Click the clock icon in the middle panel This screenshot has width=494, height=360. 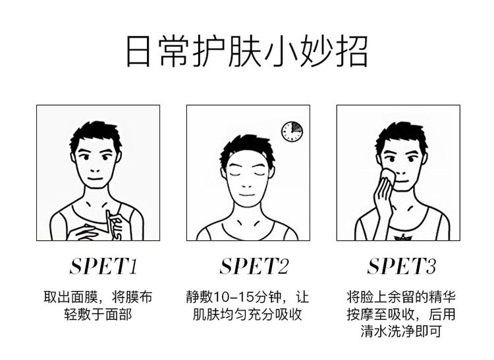292,131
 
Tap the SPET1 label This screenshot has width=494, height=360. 103,267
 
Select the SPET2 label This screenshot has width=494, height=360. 254,267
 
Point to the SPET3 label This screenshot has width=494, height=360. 402,267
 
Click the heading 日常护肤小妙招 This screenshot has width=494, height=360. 247,51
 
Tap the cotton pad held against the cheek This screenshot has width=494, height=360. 387,175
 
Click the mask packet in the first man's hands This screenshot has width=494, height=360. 114,224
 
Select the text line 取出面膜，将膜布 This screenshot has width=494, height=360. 98,297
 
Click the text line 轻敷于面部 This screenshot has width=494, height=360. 98,314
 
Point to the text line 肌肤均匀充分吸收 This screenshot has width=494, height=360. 248,314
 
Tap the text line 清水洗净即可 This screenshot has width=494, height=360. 401,331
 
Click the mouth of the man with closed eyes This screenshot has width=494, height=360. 247,195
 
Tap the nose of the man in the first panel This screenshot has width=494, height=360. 95,170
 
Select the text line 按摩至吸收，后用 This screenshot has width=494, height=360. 401,314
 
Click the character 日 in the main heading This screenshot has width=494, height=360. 138,52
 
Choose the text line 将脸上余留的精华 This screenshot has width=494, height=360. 401,297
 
